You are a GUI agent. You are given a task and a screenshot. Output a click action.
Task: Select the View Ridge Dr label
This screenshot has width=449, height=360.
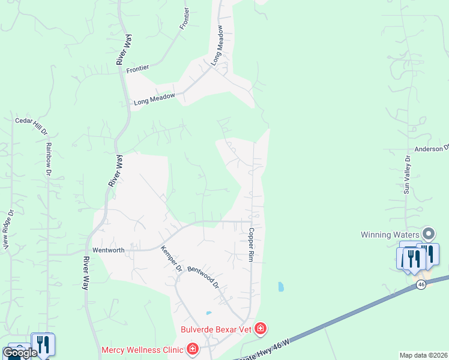click(x=8, y=229)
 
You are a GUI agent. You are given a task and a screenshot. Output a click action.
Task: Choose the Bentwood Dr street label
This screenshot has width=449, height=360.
click(x=202, y=277)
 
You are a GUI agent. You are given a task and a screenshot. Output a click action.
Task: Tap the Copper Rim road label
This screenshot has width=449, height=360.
click(x=252, y=244)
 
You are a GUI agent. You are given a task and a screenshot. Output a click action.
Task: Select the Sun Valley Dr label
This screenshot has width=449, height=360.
click(x=407, y=175)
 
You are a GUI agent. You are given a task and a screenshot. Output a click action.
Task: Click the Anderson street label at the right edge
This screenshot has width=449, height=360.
click(x=432, y=148)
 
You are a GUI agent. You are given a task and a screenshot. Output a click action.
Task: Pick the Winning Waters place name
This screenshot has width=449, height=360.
click(x=390, y=234)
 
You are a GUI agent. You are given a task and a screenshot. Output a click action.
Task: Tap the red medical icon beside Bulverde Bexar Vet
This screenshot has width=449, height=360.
click(x=261, y=328)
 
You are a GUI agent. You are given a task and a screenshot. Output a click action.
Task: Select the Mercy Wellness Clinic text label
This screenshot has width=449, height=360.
click(x=142, y=349)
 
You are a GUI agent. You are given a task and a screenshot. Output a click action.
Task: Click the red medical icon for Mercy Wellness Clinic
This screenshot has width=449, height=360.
click(x=193, y=349)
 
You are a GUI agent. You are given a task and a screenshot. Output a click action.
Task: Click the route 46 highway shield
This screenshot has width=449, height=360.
click(x=421, y=284)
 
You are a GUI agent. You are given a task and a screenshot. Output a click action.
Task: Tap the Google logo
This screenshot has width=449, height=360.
click(x=19, y=353)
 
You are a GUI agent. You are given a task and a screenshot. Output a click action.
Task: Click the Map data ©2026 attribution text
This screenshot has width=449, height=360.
click(x=424, y=355)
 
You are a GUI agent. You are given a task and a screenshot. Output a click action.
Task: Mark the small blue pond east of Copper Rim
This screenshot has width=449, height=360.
click(x=280, y=287)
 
